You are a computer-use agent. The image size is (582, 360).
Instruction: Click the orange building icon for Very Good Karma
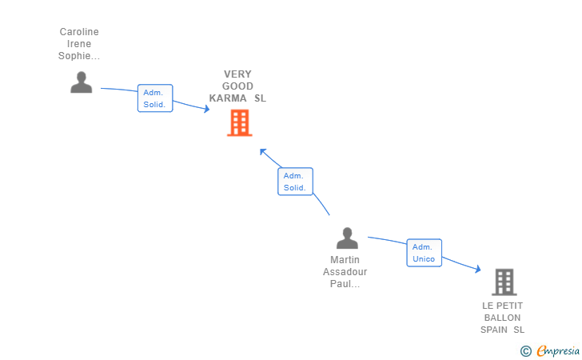pos(239,122)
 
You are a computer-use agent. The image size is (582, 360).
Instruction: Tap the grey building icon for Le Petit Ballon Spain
pos(504,282)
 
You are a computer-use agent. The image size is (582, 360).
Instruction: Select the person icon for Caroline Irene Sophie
pos(81,82)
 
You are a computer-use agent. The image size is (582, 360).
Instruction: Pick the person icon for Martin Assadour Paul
pos(347,238)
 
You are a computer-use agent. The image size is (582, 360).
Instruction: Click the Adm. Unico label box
pos(424,253)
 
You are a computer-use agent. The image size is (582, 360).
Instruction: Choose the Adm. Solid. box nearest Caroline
pos(154,98)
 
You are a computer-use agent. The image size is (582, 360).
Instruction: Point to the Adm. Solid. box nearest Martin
pos(295,182)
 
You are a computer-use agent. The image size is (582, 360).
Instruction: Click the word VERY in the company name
pos(237,74)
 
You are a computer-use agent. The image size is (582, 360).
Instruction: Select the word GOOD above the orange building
pos(237,86)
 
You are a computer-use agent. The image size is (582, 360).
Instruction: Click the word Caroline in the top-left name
pos(79,32)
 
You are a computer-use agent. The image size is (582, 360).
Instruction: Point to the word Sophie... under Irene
pos(79,56)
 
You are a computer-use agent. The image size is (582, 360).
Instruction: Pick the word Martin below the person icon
pos(345,260)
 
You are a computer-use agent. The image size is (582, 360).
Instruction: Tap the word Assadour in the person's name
pos(345,272)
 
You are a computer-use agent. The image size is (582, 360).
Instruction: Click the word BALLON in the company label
pos(502,318)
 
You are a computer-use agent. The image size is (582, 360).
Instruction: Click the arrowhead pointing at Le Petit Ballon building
pos(477,270)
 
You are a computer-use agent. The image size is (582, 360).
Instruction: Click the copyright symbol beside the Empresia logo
pos(525,350)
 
